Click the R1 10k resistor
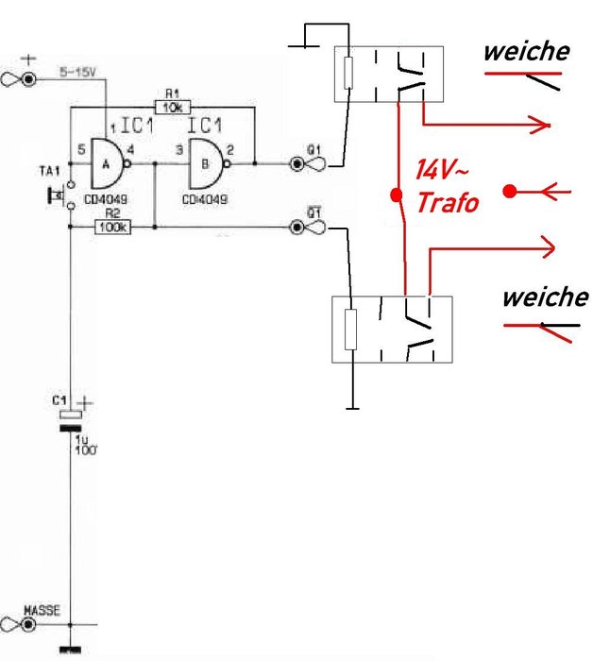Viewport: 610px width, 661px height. click(x=172, y=106)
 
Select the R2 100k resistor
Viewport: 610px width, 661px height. click(x=112, y=227)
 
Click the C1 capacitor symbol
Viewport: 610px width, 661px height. click(x=71, y=420)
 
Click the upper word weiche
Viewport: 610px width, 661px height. click(x=526, y=51)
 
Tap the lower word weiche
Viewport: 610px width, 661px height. click(x=544, y=297)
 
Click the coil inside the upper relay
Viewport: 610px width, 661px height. click(x=348, y=72)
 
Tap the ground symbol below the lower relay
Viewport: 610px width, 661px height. click(x=351, y=407)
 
